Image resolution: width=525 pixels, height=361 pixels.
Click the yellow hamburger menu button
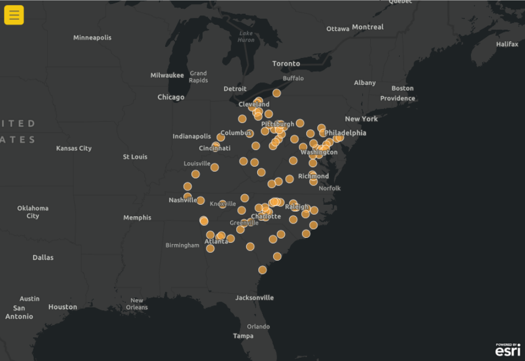14,15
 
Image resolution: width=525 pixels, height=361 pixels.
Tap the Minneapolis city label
92,38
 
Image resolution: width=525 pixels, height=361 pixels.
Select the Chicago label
171,97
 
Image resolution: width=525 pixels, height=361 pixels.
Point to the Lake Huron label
246,36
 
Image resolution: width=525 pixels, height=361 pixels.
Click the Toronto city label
286,63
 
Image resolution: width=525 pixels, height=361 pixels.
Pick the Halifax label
507,44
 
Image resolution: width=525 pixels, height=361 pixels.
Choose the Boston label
402,88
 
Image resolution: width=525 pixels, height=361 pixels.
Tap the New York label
361,119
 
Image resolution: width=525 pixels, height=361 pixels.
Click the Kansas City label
74,148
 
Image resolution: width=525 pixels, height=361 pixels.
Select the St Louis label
135,157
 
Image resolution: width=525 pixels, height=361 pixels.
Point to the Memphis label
137,217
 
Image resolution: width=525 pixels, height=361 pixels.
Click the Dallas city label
43,257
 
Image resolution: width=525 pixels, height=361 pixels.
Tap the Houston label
62,307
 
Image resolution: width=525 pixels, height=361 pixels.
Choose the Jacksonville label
254,298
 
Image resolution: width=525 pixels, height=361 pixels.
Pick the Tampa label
243,336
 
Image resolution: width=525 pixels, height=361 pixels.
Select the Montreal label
368,27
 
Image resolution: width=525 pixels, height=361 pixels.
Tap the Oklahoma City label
33,212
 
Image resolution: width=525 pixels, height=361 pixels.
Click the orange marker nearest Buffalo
277,93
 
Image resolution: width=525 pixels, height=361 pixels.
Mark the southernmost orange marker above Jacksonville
262,270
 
